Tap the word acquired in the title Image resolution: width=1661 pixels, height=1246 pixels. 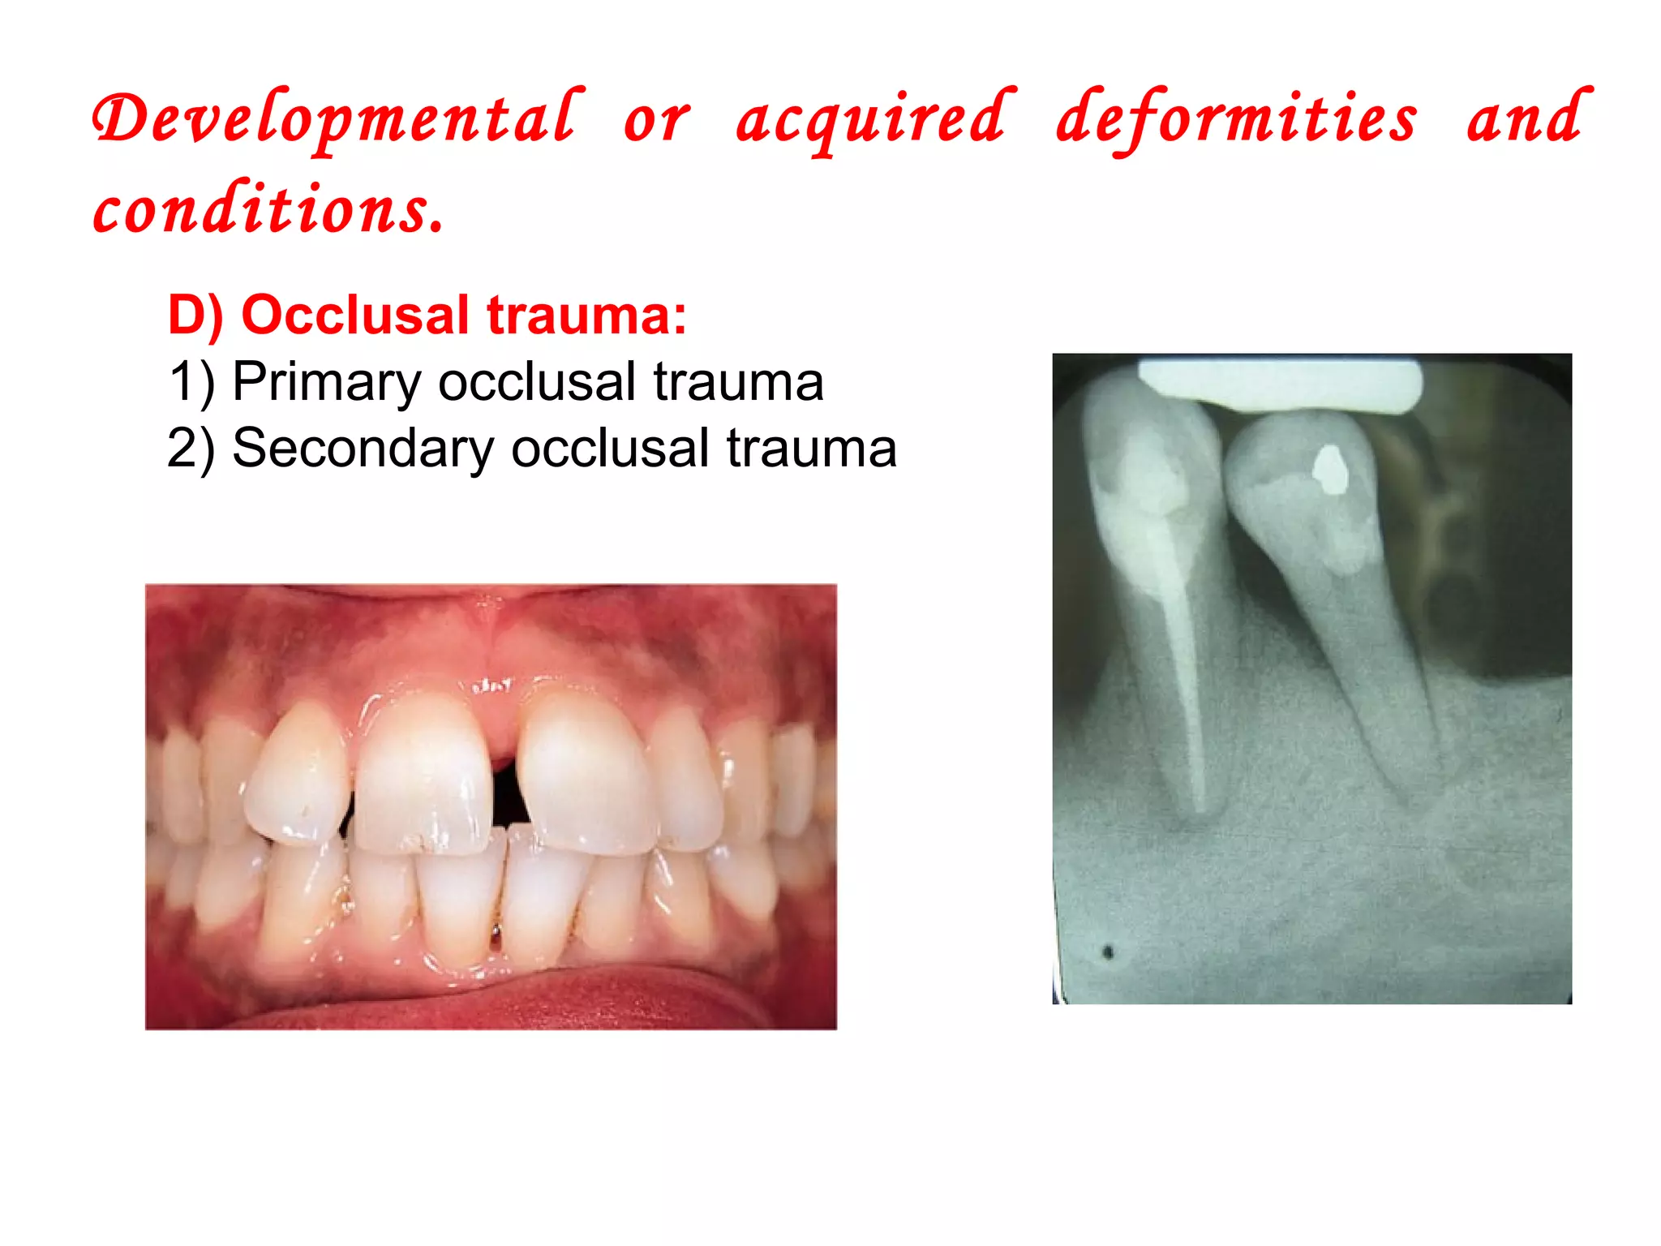[x=874, y=120]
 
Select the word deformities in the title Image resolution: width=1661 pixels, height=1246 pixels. [x=1236, y=120]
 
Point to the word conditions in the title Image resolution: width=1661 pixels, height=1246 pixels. [x=268, y=208]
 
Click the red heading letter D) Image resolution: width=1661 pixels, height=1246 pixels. [x=195, y=316]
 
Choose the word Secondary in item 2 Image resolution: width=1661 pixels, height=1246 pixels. [x=363, y=449]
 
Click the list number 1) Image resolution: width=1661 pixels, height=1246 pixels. [x=191, y=382]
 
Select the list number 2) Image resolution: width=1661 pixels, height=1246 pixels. [x=191, y=449]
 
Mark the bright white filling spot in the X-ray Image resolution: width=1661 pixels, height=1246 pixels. [x=1330, y=470]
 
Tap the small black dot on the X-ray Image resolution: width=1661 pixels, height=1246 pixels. [x=1108, y=952]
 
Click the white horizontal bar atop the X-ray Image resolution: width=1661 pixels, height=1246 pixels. [x=1279, y=385]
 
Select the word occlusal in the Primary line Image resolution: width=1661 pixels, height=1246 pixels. [x=536, y=382]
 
